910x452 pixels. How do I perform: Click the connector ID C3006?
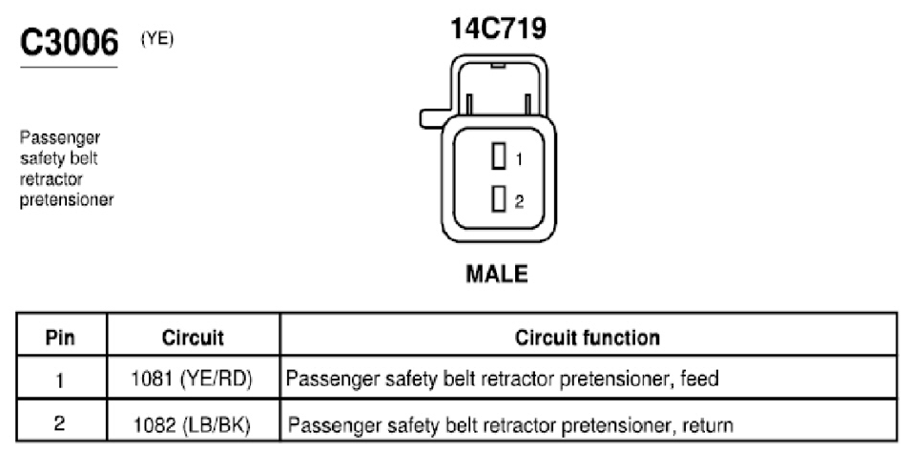click(x=69, y=43)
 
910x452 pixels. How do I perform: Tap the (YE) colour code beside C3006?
click(x=156, y=39)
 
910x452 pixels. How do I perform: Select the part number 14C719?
click(x=499, y=28)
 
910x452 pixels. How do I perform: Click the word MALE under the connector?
click(x=497, y=274)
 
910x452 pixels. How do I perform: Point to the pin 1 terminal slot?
click(x=499, y=156)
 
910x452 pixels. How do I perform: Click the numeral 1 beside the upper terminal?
click(x=519, y=159)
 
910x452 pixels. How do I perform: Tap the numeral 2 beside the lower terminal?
click(x=520, y=201)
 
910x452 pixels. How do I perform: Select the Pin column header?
click(x=60, y=338)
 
